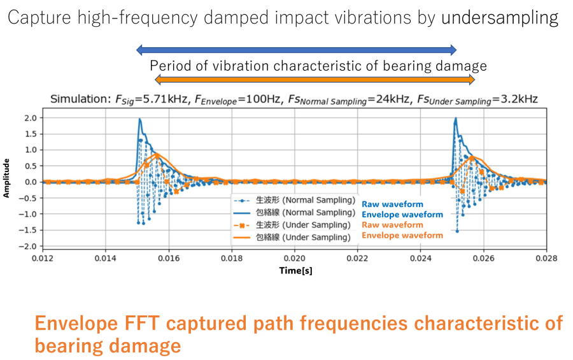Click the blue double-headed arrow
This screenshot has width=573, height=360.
click(297, 50)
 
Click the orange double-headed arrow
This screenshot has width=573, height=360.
click(315, 80)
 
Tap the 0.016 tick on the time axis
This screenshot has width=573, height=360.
click(169, 259)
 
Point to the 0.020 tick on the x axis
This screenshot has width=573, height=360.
click(295, 259)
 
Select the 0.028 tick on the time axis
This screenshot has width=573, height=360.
click(546, 259)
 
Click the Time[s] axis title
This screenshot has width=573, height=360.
click(295, 271)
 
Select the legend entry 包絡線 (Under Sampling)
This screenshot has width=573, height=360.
click(299, 237)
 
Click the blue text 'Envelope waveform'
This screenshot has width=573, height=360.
click(402, 215)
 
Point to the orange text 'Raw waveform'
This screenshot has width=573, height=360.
click(392, 225)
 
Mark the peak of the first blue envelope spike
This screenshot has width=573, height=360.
click(139, 119)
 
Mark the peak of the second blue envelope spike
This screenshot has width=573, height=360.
click(455, 119)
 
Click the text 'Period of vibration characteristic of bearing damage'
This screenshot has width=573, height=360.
click(318, 66)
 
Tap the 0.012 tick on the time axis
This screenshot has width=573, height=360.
click(43, 259)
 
